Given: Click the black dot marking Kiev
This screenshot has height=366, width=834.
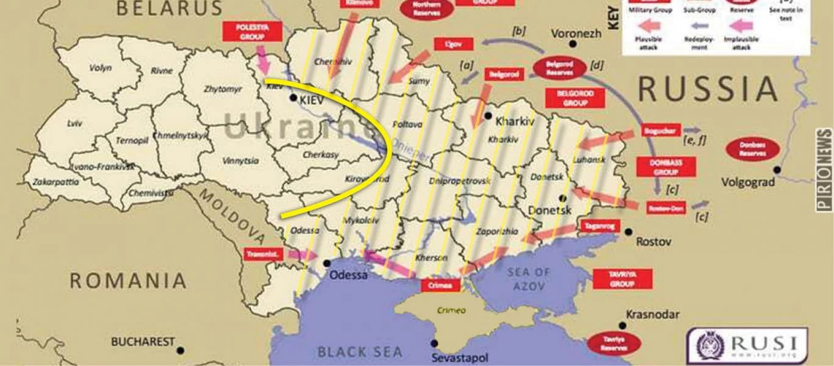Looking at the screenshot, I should click(293, 98).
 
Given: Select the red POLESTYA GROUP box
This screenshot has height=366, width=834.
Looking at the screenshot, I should click(252, 32).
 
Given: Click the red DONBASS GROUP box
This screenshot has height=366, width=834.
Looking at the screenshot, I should click(658, 167).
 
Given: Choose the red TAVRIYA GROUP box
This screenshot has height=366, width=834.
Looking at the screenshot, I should click(622, 279).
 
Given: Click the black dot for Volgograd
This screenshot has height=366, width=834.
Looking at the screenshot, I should click(777, 170).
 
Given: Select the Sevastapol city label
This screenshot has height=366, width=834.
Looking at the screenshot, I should click(460, 358).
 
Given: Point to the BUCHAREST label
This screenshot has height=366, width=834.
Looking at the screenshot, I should click(143, 342).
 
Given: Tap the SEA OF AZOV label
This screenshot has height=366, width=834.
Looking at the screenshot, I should click(529, 279).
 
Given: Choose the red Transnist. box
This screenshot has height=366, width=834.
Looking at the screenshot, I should click(264, 254).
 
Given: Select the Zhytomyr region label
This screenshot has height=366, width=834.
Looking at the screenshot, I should click(223, 89).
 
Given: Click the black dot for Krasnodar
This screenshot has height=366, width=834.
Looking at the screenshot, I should click(623, 325).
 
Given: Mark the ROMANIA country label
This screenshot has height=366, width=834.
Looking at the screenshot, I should click(128, 281).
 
